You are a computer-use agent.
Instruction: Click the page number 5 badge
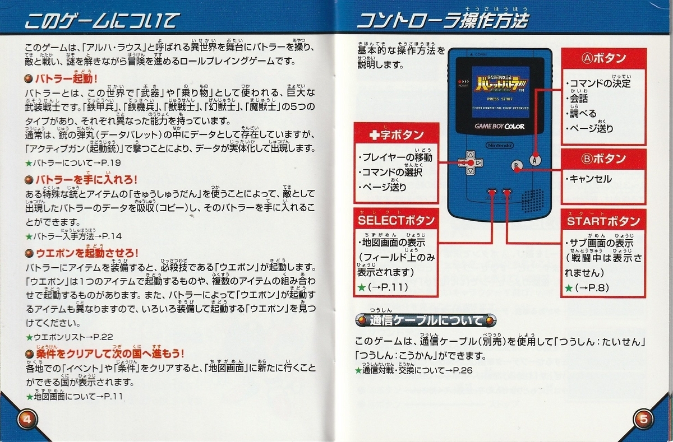[643, 419]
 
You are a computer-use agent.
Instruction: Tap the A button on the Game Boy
[534, 160]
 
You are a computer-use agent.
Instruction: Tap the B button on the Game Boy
[517, 165]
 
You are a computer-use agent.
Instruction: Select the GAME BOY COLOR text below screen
[500, 127]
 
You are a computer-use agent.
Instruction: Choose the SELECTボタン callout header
[396, 220]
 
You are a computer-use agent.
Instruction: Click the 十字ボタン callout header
[396, 135]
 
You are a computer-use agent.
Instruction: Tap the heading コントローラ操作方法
[443, 21]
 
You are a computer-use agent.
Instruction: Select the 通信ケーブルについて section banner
[426, 321]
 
